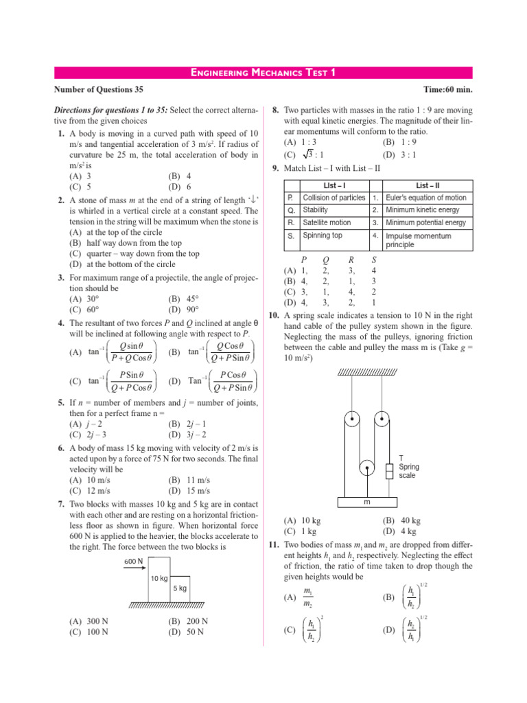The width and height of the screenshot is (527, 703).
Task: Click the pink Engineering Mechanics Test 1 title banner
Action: tap(263, 73)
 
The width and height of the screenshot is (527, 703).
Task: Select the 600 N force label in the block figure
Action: tap(134, 561)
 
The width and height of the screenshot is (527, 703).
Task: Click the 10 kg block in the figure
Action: tap(159, 578)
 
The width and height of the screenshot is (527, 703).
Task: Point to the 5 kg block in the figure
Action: tap(180, 589)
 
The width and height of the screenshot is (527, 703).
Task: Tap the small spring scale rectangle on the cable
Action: tap(388, 471)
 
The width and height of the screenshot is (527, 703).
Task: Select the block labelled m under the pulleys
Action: tap(367, 503)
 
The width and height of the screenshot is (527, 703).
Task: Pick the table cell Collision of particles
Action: tap(333, 198)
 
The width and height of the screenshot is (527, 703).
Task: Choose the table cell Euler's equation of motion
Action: tap(425, 198)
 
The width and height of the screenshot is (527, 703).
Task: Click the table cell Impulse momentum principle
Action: tap(425, 240)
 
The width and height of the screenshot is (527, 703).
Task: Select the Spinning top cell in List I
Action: tap(322, 235)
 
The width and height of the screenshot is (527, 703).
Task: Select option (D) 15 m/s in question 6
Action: tap(189, 491)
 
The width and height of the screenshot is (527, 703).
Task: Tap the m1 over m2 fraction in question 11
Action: tap(309, 597)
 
